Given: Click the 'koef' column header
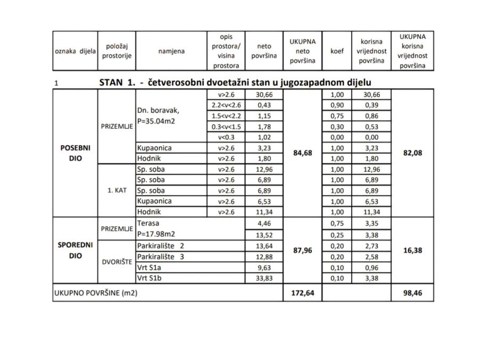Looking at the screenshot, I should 337,52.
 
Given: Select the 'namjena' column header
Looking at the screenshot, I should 171,52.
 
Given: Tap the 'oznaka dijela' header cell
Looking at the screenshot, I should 75,52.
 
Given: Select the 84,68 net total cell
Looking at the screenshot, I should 302,153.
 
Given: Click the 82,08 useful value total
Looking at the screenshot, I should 412,153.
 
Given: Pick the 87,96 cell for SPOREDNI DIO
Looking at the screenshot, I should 302,250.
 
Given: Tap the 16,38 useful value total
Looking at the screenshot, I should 412,250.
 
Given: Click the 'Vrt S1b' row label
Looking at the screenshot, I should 148,278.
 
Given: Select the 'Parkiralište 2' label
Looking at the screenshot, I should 160,246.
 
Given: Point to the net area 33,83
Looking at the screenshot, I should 264,278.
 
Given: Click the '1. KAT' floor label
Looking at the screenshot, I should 117,190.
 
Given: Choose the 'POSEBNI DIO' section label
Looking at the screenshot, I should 76,153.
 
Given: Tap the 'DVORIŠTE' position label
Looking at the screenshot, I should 117,262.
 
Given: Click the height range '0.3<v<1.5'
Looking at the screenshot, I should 226,126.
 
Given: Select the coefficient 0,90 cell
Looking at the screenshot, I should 337,105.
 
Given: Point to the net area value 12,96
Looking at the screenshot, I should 264,170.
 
